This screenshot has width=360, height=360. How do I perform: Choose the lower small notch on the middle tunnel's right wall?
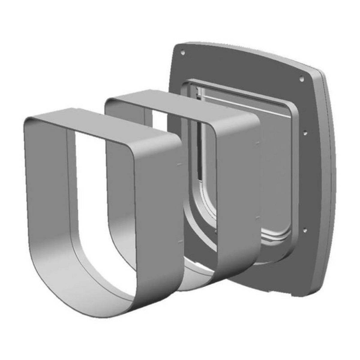(x=257, y=218)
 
